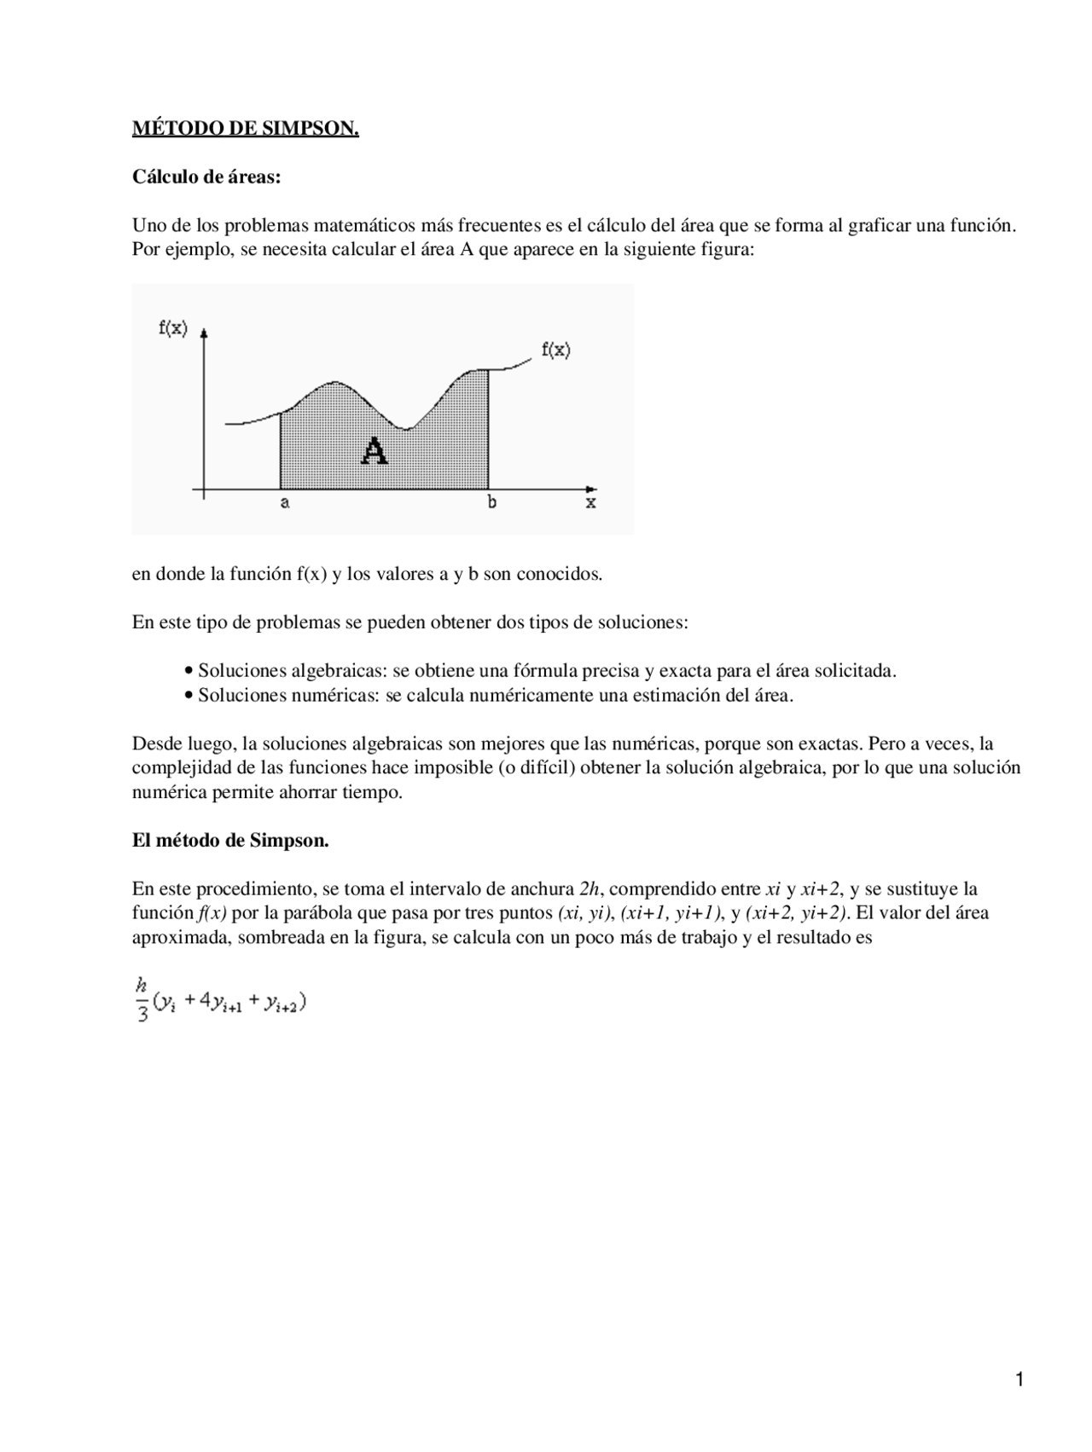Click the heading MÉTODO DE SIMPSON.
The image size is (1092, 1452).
tap(245, 129)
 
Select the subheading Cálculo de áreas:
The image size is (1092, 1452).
tap(206, 177)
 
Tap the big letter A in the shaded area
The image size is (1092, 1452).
tap(374, 450)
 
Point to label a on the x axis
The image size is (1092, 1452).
tap(285, 503)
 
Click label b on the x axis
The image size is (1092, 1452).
tap(492, 502)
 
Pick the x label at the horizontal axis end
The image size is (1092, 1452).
tap(590, 503)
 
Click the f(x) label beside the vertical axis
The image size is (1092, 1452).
tap(173, 327)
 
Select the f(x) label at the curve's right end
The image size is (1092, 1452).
tap(556, 349)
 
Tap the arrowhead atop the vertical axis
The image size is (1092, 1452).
tap(205, 334)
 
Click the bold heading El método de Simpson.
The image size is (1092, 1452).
tap(230, 841)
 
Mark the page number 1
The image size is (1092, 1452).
tap(1019, 1380)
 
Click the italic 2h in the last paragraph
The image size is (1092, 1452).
tap(590, 889)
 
